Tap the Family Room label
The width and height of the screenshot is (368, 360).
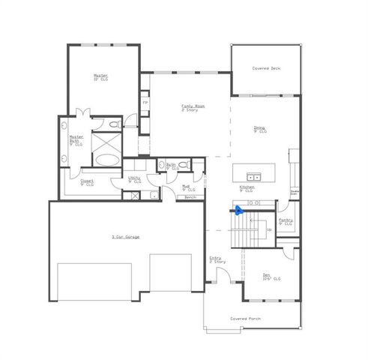click(193, 108)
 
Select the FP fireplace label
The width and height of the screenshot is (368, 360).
click(145, 102)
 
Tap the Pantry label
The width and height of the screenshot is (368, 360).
click(286, 221)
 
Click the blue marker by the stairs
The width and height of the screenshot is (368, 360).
click(238, 211)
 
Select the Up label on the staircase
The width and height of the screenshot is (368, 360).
click(269, 229)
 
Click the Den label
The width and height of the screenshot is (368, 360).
click(268, 277)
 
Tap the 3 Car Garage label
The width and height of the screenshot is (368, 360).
click(126, 237)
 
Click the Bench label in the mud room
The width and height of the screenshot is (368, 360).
click(190, 197)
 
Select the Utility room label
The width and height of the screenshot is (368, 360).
click(135, 179)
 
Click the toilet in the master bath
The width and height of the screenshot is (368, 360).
click(113, 124)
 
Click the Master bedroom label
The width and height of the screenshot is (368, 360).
click(101, 76)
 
